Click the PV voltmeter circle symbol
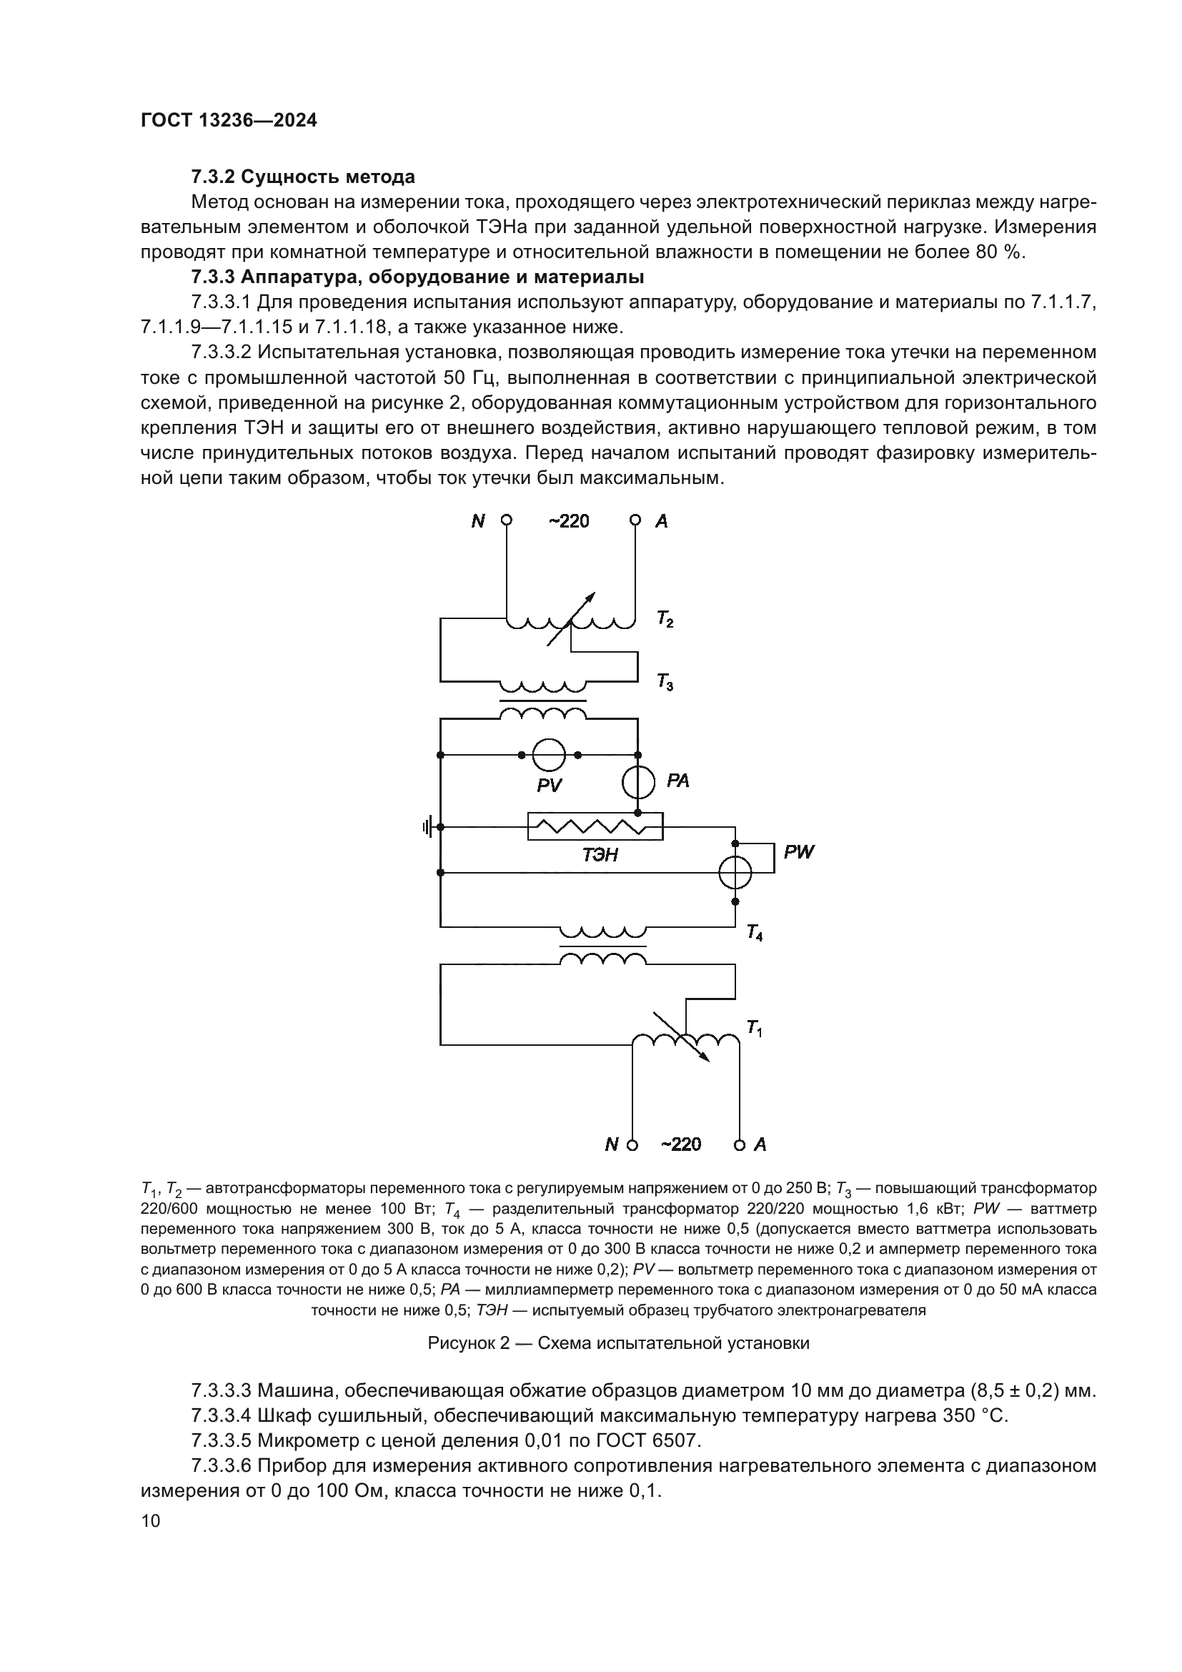(x=549, y=754)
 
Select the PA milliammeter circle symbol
(x=638, y=782)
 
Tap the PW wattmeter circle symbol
(x=735, y=871)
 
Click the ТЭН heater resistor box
(x=595, y=826)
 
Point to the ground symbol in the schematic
(x=428, y=826)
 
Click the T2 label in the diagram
(x=665, y=620)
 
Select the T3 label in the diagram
(x=665, y=683)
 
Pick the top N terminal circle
(x=507, y=520)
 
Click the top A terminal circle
(x=635, y=520)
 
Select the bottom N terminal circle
(x=632, y=1144)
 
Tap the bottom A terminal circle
(x=740, y=1144)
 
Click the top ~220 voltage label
(x=568, y=521)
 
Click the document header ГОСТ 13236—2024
(x=229, y=121)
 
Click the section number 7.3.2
(x=212, y=177)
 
